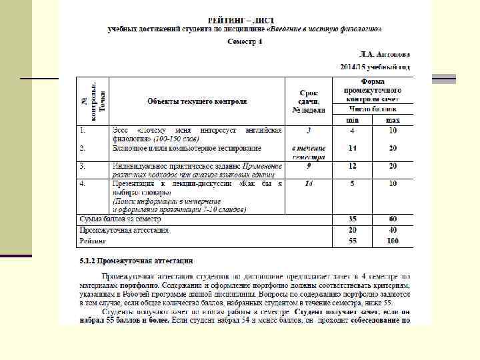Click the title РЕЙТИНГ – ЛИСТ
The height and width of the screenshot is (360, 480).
(x=245, y=21)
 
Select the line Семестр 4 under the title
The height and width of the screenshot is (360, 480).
(x=245, y=41)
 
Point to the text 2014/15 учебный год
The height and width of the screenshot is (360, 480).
(x=375, y=67)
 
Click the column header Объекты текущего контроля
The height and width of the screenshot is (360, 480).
(x=197, y=101)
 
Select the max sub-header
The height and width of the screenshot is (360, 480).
(x=393, y=119)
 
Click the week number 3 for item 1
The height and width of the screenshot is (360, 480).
(x=309, y=130)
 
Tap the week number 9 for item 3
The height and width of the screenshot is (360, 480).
(x=309, y=165)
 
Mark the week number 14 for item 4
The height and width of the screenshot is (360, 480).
(x=309, y=183)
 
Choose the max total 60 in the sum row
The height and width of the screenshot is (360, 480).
(x=393, y=219)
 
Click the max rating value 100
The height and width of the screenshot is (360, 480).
(x=393, y=240)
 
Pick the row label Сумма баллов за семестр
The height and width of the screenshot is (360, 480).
(x=120, y=219)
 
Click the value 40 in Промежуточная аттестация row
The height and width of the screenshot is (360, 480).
(x=393, y=229)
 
